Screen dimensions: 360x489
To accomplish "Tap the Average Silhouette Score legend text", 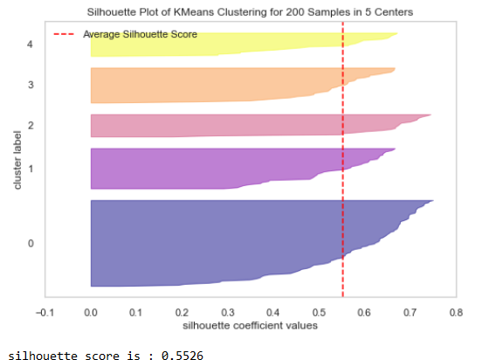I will pyautogui.click(x=140, y=34).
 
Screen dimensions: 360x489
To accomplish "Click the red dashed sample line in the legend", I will pyautogui.click(x=66, y=34).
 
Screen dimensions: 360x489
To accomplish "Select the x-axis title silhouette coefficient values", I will pyautogui.click(x=249, y=325).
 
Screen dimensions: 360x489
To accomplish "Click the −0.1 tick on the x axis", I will pyautogui.click(x=44, y=311).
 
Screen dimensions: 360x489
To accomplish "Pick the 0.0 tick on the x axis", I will pyautogui.click(x=90, y=311).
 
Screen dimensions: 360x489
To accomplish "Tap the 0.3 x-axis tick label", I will pyautogui.click(x=227, y=311).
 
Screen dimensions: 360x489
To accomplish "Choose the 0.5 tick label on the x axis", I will pyautogui.click(x=319, y=311).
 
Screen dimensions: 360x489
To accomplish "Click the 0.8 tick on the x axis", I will pyautogui.click(x=455, y=311).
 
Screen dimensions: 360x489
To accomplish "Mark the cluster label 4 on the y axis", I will pyautogui.click(x=31, y=44).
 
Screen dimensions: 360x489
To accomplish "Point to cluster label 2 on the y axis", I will pyautogui.click(x=31, y=126).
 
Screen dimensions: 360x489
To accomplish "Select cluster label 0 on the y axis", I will pyautogui.click(x=31, y=243).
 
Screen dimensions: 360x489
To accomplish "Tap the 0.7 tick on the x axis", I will pyautogui.click(x=410, y=311).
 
